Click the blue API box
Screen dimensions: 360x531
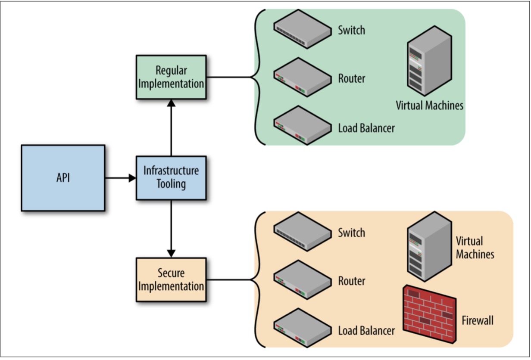(63, 178)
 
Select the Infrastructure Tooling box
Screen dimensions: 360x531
(171, 178)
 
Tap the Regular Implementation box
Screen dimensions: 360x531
(171, 77)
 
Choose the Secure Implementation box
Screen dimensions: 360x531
(171, 279)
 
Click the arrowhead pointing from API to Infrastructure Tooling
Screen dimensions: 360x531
(132, 178)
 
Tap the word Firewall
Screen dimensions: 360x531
(478, 321)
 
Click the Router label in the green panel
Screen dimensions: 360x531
(352, 79)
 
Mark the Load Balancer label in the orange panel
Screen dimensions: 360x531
(366, 331)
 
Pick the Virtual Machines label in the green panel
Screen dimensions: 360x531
(430, 106)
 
